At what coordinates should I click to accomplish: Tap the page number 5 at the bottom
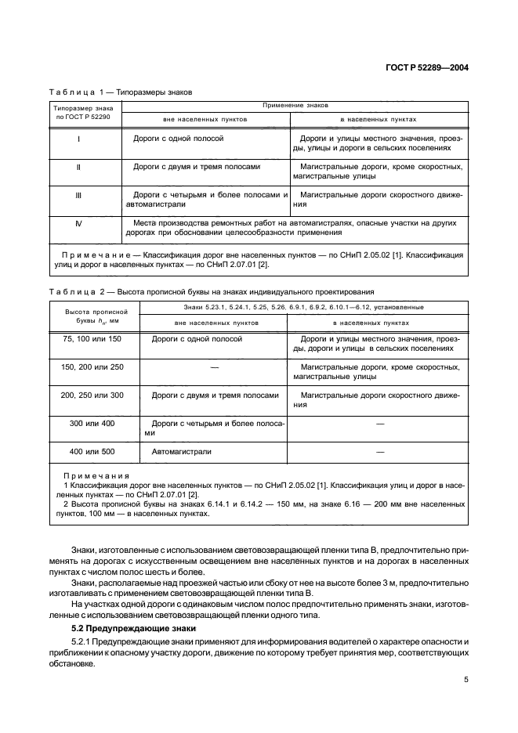(465, 679)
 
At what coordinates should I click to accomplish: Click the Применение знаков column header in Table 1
(295, 104)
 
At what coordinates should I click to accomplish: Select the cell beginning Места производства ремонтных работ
(290, 227)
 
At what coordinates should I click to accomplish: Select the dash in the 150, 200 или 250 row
(214, 366)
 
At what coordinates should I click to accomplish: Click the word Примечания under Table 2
(95, 476)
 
